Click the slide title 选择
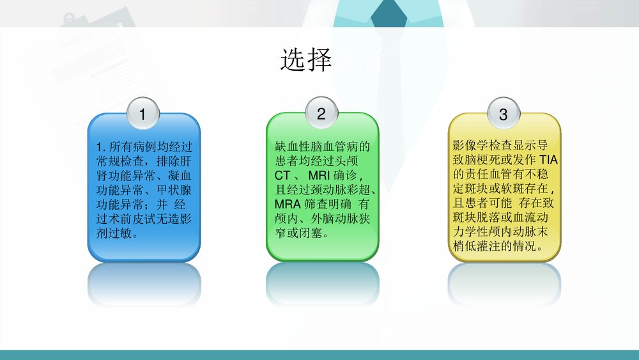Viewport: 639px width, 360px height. [306, 60]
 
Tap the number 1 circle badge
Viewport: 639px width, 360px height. [142, 114]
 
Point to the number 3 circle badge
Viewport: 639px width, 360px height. [503, 114]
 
